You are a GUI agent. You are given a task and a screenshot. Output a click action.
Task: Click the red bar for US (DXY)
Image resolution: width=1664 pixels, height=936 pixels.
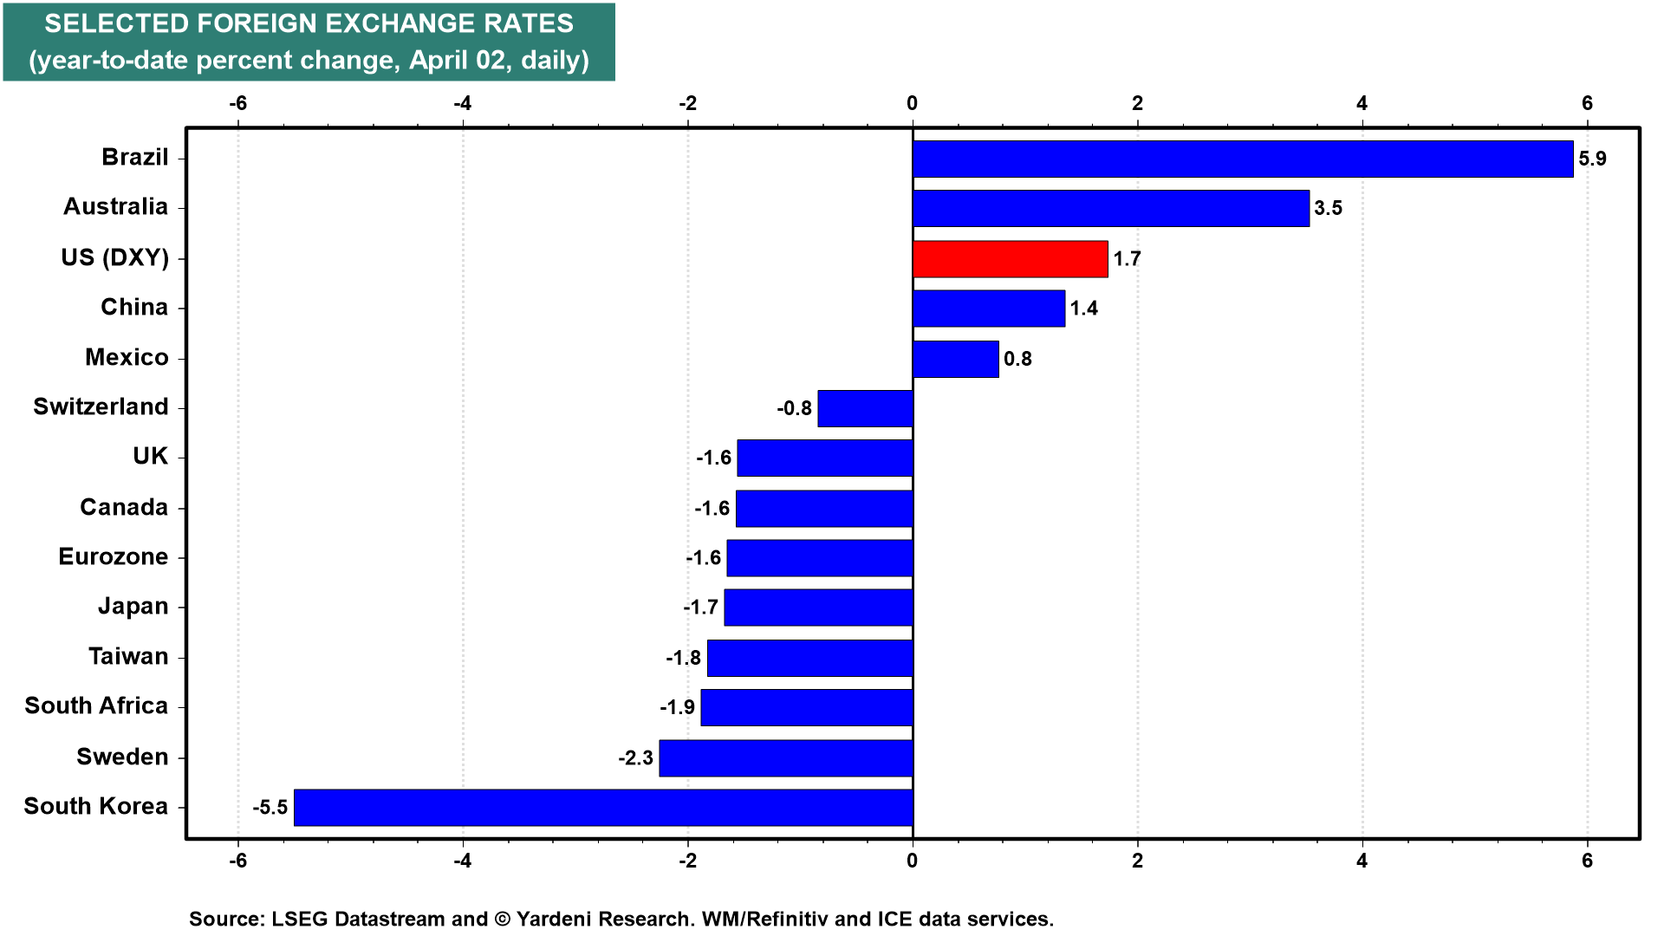[x=1010, y=259]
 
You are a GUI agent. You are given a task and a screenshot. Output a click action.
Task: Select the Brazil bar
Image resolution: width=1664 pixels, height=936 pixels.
[x=1242, y=159]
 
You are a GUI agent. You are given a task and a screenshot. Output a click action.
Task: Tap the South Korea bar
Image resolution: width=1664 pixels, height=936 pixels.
[x=603, y=808]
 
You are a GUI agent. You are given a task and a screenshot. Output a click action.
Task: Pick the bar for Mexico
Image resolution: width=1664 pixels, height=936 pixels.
[x=955, y=359]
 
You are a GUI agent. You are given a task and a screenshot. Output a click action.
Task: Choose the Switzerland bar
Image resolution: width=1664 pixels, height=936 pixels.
[x=865, y=408]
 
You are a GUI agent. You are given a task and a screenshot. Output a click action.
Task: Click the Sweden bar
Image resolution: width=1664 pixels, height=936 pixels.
[x=785, y=758]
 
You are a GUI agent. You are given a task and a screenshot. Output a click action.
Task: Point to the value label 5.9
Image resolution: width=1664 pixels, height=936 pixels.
[x=1592, y=159]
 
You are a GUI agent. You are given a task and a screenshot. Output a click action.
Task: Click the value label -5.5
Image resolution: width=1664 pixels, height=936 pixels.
[x=270, y=808]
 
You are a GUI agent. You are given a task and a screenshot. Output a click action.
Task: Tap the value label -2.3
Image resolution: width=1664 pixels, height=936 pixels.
[x=635, y=758]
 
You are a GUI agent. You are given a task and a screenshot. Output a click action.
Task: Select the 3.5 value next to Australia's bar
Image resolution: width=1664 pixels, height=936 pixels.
[x=1328, y=209]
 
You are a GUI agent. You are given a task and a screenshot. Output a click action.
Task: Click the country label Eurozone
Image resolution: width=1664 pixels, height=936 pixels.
[x=114, y=557]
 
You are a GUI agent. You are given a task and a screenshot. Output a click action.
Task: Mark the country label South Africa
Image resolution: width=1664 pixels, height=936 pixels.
[x=96, y=706]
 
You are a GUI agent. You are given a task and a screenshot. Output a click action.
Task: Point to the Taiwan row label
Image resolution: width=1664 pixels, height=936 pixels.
[x=128, y=657]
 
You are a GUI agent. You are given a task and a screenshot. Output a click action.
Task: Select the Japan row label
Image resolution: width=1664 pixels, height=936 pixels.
[x=133, y=607]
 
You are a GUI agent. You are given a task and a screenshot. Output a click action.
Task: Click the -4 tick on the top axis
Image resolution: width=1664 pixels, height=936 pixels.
[x=463, y=104]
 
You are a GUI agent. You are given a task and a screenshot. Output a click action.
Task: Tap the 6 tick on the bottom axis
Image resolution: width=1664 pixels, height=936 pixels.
[x=1587, y=861]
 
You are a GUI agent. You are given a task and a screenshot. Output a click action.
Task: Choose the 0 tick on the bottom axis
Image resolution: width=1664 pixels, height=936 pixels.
[x=912, y=861]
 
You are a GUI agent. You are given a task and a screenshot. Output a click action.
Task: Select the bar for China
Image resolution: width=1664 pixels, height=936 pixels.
[x=988, y=309]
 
